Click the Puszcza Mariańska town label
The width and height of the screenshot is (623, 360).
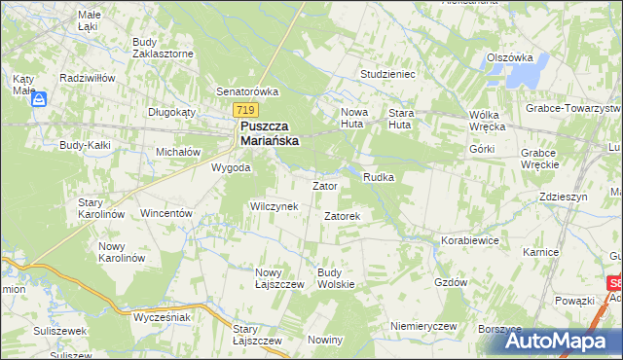click(x=269, y=133)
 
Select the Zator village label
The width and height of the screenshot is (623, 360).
click(x=324, y=186)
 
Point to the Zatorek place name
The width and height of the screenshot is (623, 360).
click(x=343, y=216)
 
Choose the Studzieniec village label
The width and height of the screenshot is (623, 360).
click(x=387, y=73)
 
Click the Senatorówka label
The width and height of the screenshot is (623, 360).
click(x=248, y=91)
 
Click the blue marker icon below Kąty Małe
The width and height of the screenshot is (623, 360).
click(x=40, y=98)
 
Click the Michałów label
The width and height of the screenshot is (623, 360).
click(x=178, y=153)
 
